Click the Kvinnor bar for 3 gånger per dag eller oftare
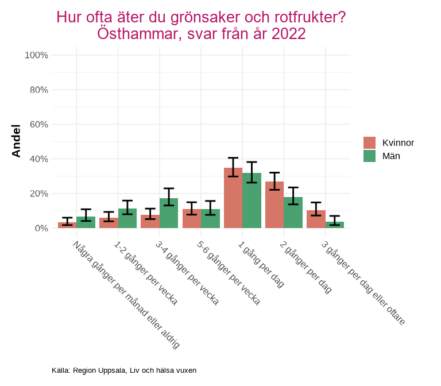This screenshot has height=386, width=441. coord(316,219)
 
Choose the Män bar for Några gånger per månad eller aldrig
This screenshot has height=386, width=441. coord(86,223)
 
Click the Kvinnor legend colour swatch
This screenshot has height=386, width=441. coord(369,142)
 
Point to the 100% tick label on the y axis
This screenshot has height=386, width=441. coord(36,55)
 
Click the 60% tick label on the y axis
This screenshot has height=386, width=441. coord(38,124)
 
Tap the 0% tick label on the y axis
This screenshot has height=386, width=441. coord(41,228)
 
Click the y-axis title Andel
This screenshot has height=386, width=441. coord(17,141)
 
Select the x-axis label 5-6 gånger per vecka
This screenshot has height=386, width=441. coord(228,272)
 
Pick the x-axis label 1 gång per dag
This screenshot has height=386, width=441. coord(261,264)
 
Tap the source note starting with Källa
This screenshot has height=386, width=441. coord(124,370)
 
